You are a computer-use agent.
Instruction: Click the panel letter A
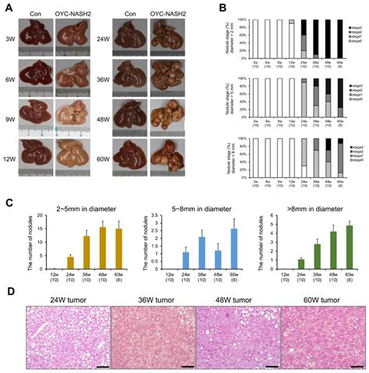coord(7,7)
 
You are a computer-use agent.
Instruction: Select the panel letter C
coord(7,202)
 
